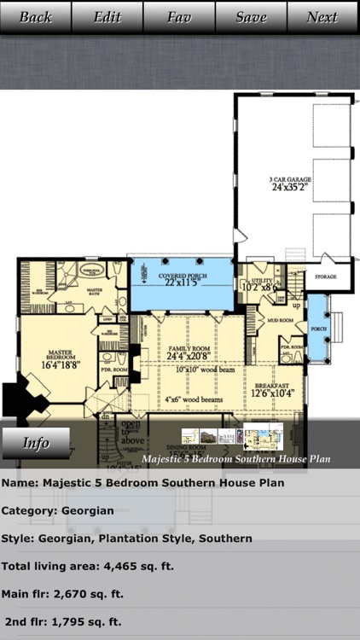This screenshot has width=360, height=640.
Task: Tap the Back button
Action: click(36, 17)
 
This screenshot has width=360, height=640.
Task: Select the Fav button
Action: click(179, 17)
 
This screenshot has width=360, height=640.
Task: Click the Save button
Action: click(251, 17)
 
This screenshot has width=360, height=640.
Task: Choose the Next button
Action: click(322, 17)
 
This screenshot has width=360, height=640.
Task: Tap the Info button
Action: click(36, 443)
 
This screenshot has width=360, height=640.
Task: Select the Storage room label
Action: click(326, 277)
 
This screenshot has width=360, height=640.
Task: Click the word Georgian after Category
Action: click(87, 510)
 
